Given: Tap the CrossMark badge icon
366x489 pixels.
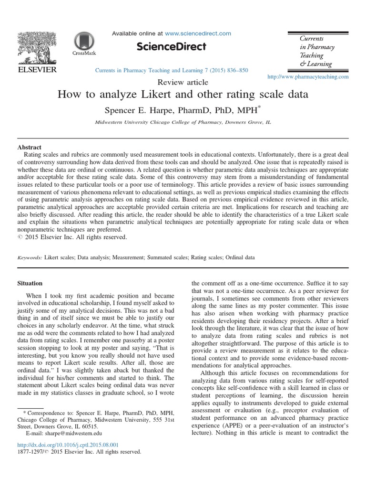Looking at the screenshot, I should click(x=84, y=43).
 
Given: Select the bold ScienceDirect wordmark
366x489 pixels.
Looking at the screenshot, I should click(x=172, y=47).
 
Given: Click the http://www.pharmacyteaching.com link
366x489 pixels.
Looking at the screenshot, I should click(x=308, y=76).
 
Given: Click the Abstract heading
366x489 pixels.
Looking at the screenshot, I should click(x=29, y=148).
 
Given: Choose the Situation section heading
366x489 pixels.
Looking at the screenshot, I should click(x=30, y=283).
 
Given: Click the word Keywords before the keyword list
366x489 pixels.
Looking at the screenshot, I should click(x=29, y=257).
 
